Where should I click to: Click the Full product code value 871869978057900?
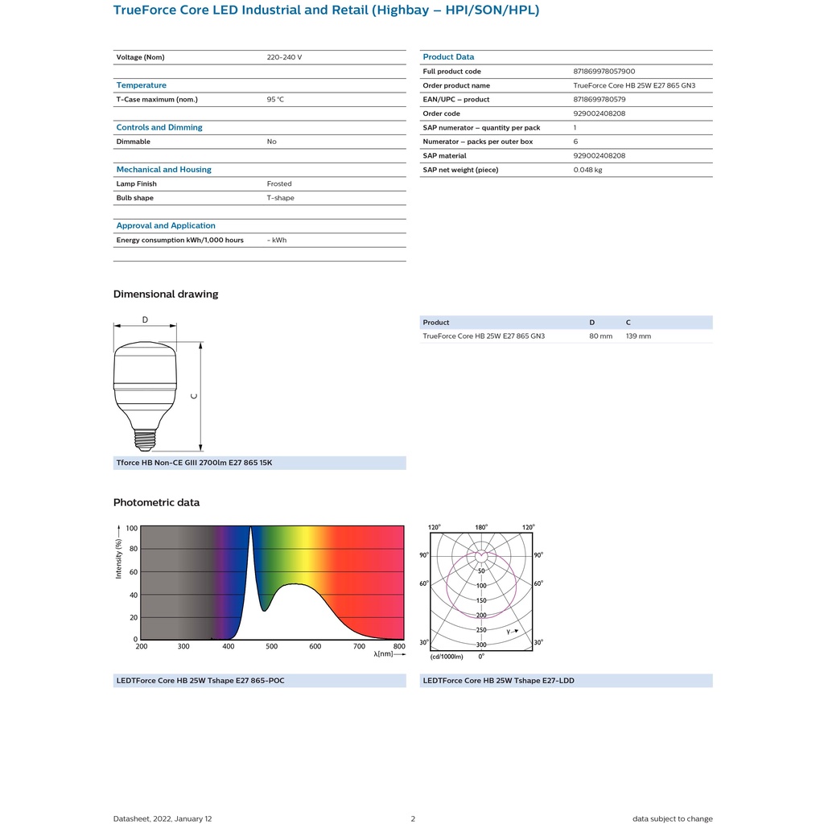click(604, 72)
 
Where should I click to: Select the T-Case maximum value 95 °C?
click(275, 100)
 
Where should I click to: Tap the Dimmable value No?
click(272, 142)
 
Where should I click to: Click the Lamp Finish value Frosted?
click(279, 184)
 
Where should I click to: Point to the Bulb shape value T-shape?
click(280, 198)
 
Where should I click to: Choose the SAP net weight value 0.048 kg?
click(587, 170)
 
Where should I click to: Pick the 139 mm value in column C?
click(638, 336)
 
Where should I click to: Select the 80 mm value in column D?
click(600, 336)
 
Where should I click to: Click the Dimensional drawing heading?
click(166, 295)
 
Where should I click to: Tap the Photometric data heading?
click(156, 503)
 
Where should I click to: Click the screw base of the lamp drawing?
click(145, 439)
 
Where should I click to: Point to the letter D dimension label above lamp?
click(145, 319)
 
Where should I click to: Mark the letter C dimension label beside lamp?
click(193, 396)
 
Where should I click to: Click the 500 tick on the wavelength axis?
click(272, 647)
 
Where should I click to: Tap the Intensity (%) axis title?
click(119, 558)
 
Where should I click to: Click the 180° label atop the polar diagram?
click(481, 528)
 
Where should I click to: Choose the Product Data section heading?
click(448, 57)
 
